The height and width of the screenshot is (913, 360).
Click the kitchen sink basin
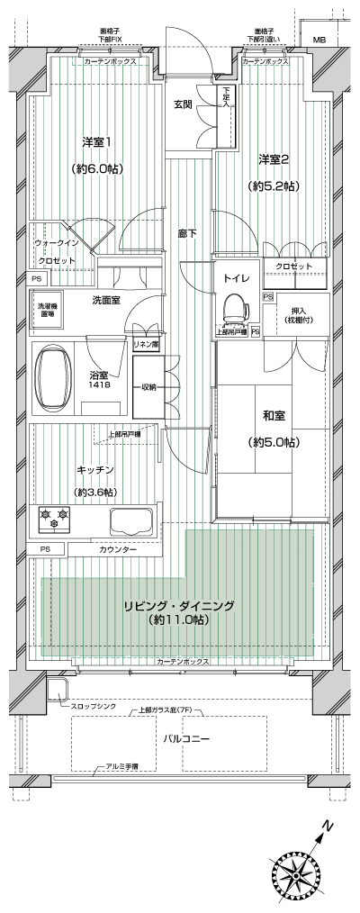pos(131,521)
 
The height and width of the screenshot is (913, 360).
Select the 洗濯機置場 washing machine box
pos(46,312)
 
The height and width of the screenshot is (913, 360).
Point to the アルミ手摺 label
pos(117,766)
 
